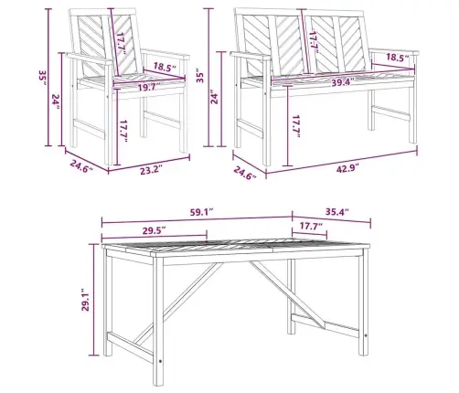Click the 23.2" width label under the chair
tap(149, 170)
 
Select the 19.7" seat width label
tap(148, 88)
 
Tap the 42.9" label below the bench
tap(347, 168)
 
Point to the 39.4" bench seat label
tap(343, 82)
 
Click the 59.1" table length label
tap(201, 212)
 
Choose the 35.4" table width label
tap(336, 211)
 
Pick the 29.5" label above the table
tap(155, 230)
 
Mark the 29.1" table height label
tap(85, 300)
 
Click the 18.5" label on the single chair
tap(165, 67)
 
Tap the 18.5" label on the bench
tap(398, 58)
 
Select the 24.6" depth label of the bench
tap(245, 173)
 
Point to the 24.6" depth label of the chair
tap(81, 166)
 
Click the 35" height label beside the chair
tap(42, 78)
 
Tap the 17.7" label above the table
tap(310, 227)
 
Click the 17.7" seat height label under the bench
tap(295, 126)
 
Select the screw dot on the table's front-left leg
tap(160, 361)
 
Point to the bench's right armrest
tap(395, 51)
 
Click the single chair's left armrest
tap(89, 58)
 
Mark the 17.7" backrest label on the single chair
tap(123, 44)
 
